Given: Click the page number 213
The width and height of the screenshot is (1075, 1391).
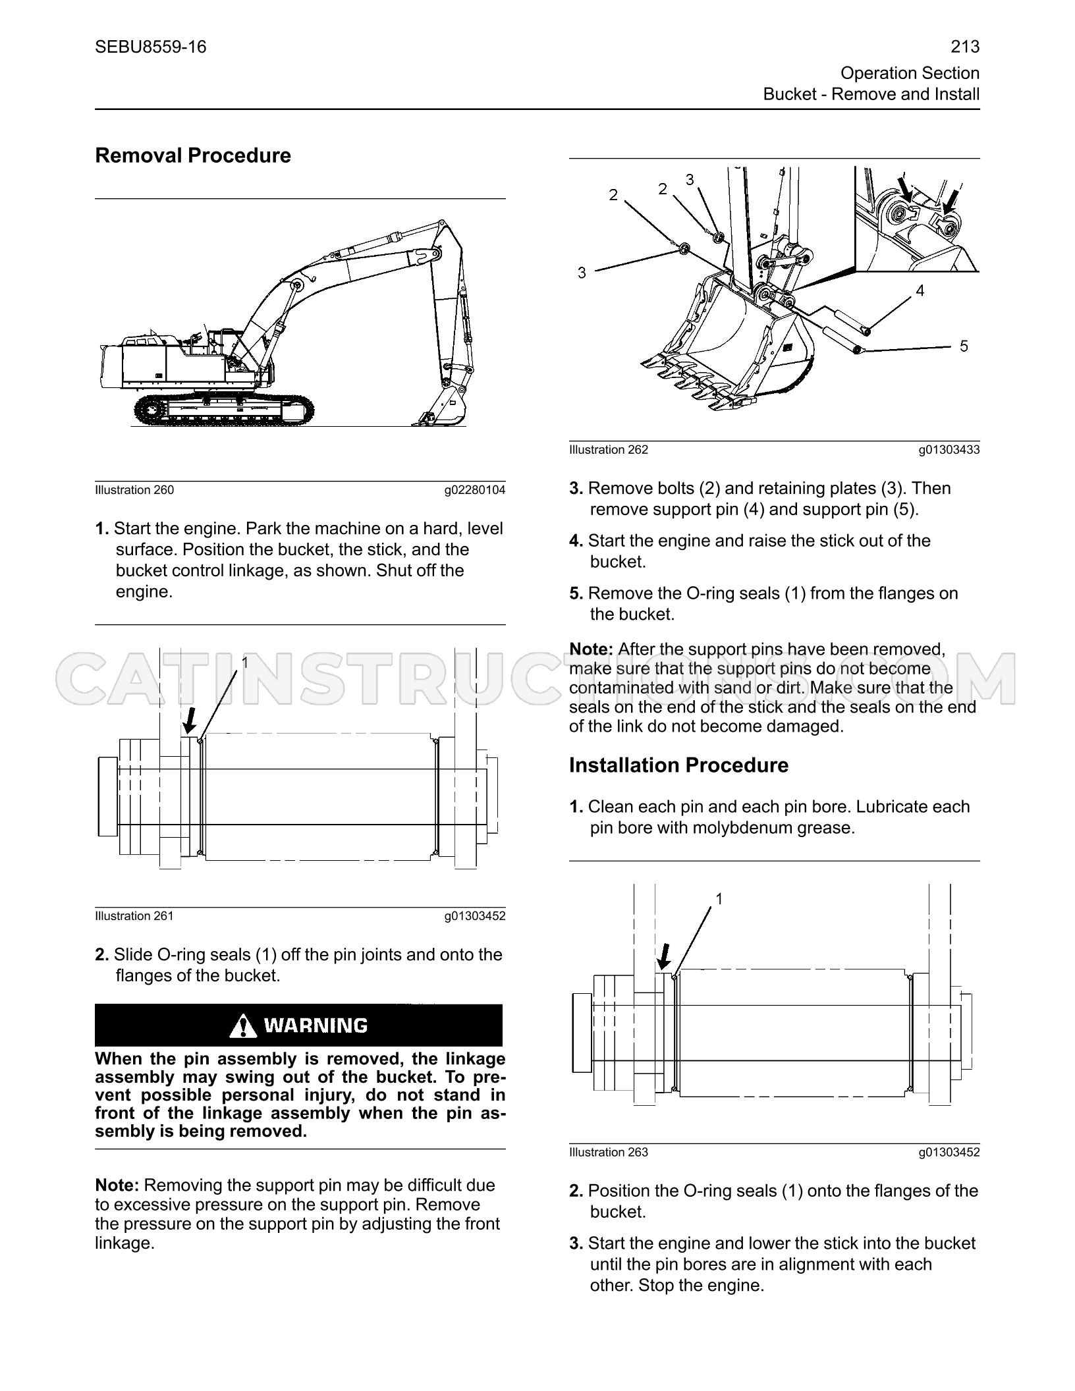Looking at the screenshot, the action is point(965,47).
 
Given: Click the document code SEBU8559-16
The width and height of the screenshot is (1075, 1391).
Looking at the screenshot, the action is point(151,47).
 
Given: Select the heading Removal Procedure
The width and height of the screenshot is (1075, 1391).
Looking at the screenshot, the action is point(193,155).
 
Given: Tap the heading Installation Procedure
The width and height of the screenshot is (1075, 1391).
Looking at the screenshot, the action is point(678,765).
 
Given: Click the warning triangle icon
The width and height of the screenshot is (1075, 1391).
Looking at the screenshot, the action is point(244,1025).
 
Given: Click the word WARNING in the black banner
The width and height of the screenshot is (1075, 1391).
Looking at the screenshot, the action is point(316,1026).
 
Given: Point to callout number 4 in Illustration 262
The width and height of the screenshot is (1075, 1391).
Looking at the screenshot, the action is point(920,290).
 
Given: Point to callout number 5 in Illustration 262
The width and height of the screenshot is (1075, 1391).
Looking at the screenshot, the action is point(964,346).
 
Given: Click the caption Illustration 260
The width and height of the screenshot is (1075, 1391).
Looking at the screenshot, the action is point(134,490).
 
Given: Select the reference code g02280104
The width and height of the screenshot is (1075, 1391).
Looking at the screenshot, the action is point(475,490).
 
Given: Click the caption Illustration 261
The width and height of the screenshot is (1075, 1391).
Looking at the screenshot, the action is point(134,916).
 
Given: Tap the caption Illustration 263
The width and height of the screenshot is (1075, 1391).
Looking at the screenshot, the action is point(609,1153).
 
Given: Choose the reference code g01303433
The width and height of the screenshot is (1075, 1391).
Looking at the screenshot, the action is point(949,450).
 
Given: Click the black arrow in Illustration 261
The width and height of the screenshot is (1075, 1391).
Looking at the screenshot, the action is point(190,720).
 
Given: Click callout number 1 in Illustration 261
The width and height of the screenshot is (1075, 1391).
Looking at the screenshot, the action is point(245,662).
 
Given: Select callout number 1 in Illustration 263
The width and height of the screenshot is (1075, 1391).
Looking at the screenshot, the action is point(719,898).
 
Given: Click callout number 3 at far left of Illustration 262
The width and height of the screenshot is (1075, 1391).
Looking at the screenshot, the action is point(582,273).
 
